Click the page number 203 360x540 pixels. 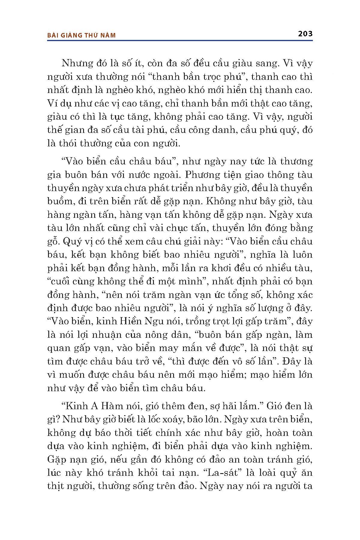[305, 34]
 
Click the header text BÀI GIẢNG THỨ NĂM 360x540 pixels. [81, 35]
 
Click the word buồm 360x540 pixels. [58, 201]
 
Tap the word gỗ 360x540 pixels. [53, 241]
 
